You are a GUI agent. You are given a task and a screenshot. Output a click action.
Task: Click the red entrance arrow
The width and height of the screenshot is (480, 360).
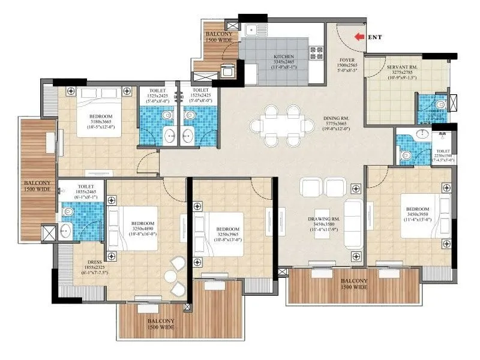click(360, 37)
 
